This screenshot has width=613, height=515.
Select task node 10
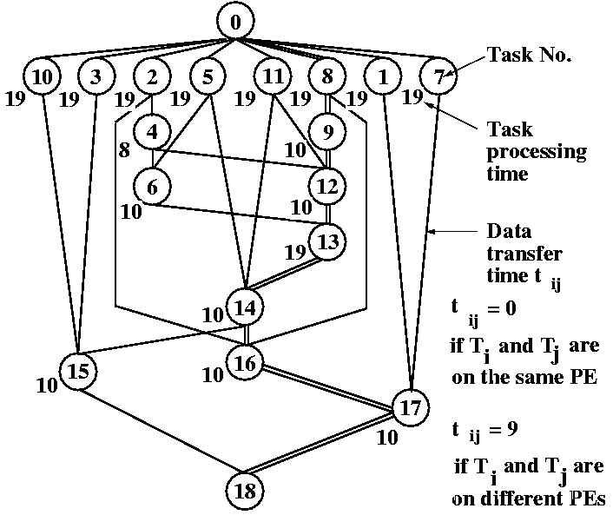[x=41, y=76]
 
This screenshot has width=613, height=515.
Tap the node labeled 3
[x=96, y=76]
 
